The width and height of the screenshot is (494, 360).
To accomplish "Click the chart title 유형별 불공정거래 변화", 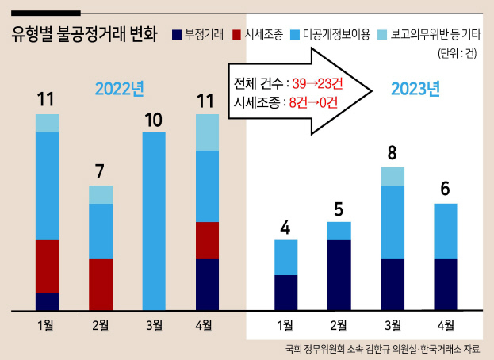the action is [84, 34].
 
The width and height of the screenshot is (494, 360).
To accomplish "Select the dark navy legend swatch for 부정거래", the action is [177, 35].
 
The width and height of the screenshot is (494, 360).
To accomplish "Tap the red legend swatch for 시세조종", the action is [236, 35].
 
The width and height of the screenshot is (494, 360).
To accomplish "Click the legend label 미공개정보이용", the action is [336, 34].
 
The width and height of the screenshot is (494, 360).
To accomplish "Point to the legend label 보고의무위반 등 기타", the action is [436, 34].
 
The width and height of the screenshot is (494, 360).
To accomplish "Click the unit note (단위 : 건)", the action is [458, 53].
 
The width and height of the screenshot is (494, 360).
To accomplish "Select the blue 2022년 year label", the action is [120, 89].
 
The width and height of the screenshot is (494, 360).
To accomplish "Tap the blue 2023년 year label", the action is [415, 89].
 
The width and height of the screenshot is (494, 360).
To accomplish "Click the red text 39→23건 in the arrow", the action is [317, 83].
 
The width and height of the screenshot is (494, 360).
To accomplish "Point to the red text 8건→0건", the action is [313, 102].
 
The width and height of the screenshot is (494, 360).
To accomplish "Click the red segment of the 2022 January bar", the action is [48, 266].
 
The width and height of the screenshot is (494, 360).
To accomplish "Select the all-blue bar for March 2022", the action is [154, 221].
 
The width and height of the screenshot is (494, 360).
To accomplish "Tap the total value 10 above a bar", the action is [153, 120].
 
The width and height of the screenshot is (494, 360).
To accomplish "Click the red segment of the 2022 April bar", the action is [207, 240].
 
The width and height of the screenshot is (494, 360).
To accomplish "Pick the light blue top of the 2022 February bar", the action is [101, 194].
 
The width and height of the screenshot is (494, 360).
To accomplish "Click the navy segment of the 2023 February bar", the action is [339, 275].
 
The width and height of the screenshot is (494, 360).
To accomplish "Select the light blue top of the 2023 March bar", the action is [393, 176].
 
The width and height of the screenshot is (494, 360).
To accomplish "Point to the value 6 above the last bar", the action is [445, 189].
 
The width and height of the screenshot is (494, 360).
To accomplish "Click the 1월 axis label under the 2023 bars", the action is [285, 325].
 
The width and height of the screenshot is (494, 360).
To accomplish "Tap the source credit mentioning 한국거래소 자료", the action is [382, 349].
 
